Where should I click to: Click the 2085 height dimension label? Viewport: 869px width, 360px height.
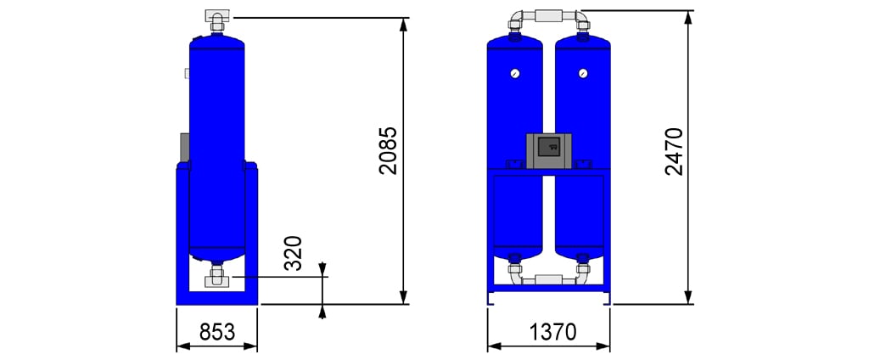(x=389, y=151)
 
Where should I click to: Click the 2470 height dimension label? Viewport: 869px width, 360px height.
(x=674, y=151)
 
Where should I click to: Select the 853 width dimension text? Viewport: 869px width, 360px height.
(x=217, y=332)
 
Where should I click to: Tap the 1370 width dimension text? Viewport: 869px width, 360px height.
(x=553, y=332)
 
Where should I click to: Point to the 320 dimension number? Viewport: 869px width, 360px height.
(x=293, y=253)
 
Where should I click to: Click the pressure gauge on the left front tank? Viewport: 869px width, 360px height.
(x=515, y=73)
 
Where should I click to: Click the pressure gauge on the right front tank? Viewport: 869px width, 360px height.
(x=582, y=73)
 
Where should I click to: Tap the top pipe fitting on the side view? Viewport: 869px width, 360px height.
(x=216, y=20)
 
